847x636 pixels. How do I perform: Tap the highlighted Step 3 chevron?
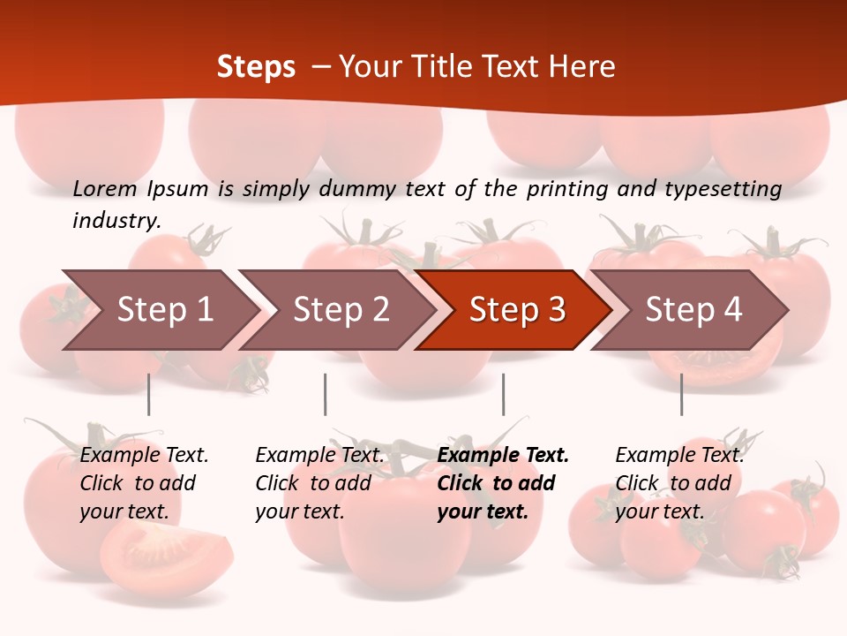(x=517, y=310)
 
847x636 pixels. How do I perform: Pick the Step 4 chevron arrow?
(x=693, y=310)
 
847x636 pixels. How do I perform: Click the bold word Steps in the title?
(x=256, y=67)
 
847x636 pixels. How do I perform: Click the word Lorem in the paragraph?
(x=105, y=188)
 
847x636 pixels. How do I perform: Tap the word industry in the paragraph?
(x=116, y=220)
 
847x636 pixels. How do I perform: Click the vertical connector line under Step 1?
(x=149, y=394)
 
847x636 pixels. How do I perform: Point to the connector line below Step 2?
(x=326, y=394)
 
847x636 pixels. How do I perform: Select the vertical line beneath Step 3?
(x=503, y=394)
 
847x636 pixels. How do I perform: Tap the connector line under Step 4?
(x=681, y=394)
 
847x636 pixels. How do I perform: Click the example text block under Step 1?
(x=144, y=483)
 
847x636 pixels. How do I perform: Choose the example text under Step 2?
(x=319, y=483)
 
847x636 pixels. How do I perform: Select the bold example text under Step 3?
(x=503, y=483)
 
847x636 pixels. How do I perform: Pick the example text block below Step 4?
(x=679, y=483)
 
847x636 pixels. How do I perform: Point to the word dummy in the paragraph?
(x=356, y=189)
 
